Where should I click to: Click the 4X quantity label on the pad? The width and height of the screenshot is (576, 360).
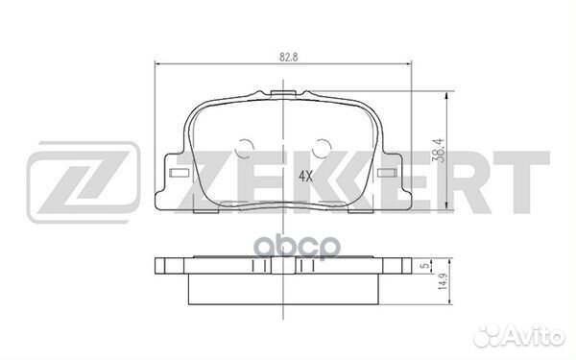pos(306,177)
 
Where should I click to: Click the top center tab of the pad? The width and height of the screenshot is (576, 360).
pos(283,94)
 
